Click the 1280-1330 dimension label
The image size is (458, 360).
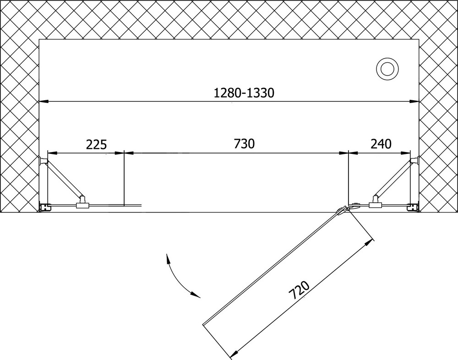(x=244, y=93)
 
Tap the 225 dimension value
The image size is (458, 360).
(x=97, y=144)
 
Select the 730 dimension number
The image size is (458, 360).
(x=244, y=143)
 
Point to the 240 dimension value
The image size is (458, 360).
(x=381, y=143)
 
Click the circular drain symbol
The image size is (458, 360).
(x=387, y=70)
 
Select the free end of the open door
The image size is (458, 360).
(x=204, y=324)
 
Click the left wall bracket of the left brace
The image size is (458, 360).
(x=43, y=160)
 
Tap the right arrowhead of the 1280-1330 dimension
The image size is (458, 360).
(x=414, y=102)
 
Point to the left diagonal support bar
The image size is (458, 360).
(x=64, y=179)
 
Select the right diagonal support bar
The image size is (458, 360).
(x=393, y=179)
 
